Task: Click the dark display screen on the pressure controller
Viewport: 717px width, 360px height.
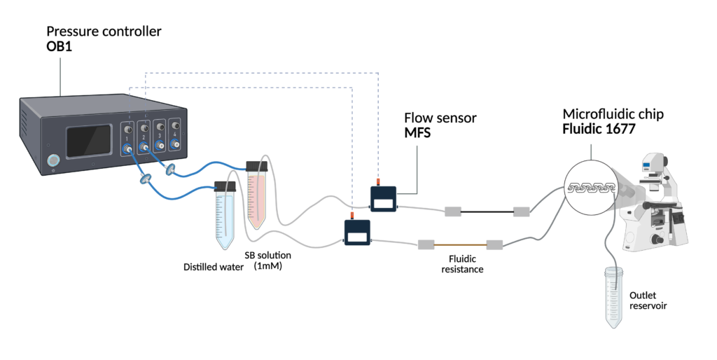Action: tap(89, 141)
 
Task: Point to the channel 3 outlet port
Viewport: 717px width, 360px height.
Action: tap(160, 145)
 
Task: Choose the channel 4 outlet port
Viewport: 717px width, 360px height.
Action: tap(176, 144)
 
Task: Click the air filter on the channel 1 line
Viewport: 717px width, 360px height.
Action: tap(145, 179)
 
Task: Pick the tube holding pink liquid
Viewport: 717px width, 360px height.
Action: tap(257, 195)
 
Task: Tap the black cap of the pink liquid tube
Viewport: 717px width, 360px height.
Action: tap(257, 162)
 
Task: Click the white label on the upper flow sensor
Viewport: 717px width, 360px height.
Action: tap(383, 204)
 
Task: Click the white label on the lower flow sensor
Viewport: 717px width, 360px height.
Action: tap(356, 237)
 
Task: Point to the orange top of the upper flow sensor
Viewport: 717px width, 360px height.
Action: tap(396, 181)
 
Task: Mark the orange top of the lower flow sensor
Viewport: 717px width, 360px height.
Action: tap(359, 215)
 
